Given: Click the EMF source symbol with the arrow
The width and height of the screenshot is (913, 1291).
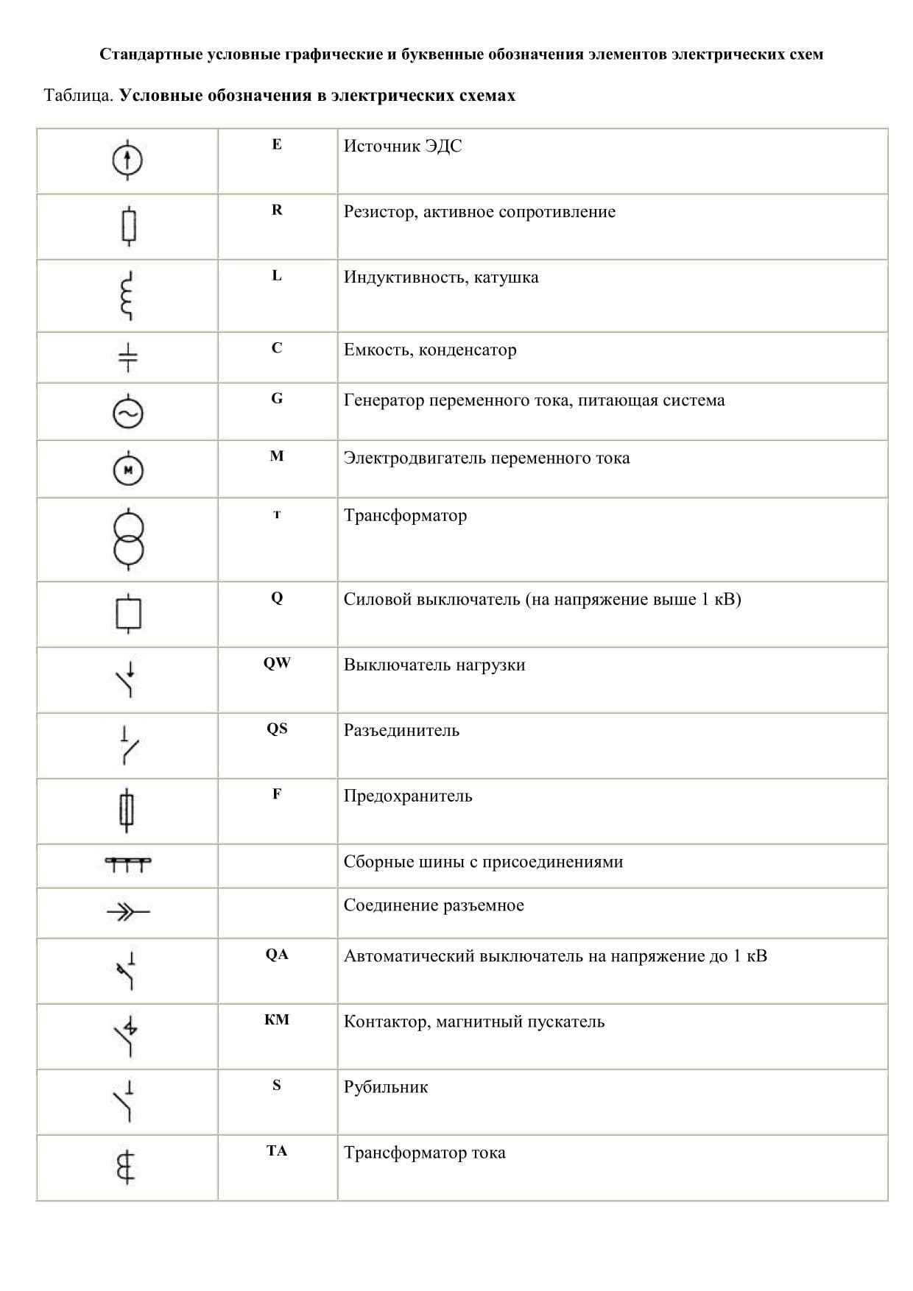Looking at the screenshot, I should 127,159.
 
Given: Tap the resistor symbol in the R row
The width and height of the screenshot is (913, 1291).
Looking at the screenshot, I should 129,226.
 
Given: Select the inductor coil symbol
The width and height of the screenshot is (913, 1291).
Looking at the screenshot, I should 128,295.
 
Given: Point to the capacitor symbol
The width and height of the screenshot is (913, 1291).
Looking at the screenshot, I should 128,357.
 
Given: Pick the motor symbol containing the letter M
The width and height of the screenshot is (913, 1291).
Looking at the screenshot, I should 128,470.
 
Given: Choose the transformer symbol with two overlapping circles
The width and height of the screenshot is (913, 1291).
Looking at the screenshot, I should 128,539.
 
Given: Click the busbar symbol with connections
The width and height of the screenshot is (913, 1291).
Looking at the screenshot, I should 128,863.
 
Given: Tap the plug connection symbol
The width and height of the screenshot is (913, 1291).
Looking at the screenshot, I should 128,913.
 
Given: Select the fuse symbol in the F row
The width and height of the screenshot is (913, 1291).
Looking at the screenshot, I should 127,810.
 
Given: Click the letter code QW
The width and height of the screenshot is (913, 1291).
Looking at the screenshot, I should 277,663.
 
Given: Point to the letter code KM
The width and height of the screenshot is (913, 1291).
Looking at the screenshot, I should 277,1020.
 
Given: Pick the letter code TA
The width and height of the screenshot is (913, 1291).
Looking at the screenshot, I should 277,1151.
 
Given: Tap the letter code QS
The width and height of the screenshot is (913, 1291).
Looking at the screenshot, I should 277,729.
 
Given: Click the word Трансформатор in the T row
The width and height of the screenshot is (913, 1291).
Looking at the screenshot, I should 405,515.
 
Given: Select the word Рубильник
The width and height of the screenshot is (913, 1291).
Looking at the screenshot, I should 385,1087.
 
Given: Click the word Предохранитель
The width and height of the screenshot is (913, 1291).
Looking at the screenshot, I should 408,796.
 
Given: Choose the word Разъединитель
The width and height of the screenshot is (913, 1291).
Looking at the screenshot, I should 401,731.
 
